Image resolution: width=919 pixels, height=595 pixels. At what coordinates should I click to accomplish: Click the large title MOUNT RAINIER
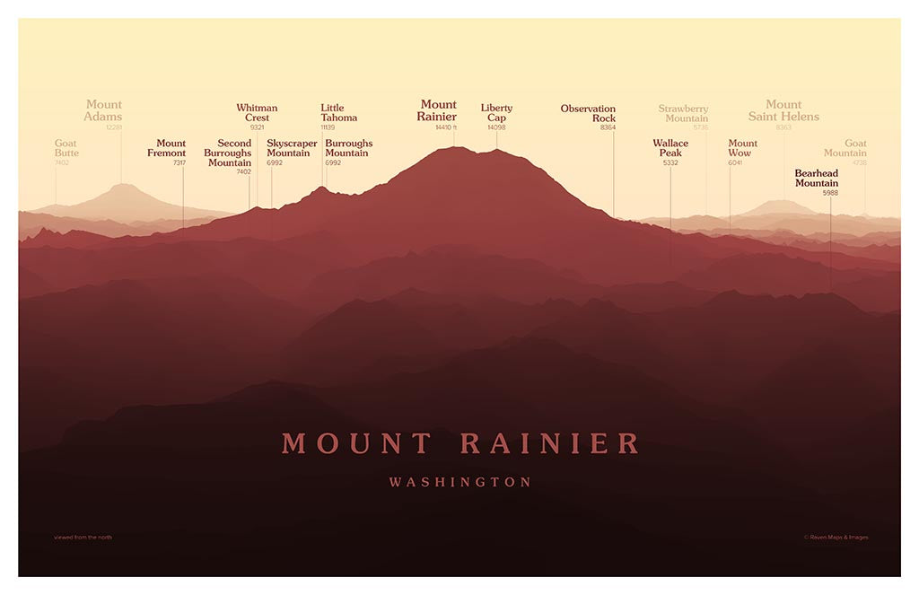click(460, 443)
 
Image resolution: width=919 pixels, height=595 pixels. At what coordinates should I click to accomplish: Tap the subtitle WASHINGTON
click(460, 483)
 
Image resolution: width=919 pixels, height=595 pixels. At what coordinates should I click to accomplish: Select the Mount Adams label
click(103, 110)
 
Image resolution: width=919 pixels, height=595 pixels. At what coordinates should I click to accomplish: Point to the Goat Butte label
click(66, 148)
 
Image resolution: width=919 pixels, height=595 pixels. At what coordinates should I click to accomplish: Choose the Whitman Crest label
click(257, 113)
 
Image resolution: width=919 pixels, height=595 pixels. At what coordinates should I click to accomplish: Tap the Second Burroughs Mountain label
click(228, 153)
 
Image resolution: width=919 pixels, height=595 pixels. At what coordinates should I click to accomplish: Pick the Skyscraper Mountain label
click(292, 148)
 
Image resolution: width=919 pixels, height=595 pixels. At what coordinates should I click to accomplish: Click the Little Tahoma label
click(338, 113)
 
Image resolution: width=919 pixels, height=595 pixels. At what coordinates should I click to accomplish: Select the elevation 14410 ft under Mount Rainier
click(446, 127)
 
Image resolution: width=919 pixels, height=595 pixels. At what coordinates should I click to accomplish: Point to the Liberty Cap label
click(496, 113)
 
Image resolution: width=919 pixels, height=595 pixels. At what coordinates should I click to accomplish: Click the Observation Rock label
click(589, 113)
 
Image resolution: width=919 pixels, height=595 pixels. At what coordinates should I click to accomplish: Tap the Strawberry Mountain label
click(684, 113)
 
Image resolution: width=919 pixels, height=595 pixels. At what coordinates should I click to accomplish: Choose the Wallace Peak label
click(670, 148)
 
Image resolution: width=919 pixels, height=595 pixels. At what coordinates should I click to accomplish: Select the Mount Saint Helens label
click(783, 110)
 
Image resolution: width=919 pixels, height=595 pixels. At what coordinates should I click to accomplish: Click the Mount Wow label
click(742, 148)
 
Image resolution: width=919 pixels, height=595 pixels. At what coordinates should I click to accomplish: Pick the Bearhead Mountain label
click(817, 178)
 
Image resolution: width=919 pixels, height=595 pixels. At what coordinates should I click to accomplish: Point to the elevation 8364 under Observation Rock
click(608, 127)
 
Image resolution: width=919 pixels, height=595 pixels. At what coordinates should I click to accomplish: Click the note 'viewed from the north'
click(83, 538)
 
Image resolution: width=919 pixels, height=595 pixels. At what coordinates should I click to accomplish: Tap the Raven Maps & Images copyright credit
click(836, 538)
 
